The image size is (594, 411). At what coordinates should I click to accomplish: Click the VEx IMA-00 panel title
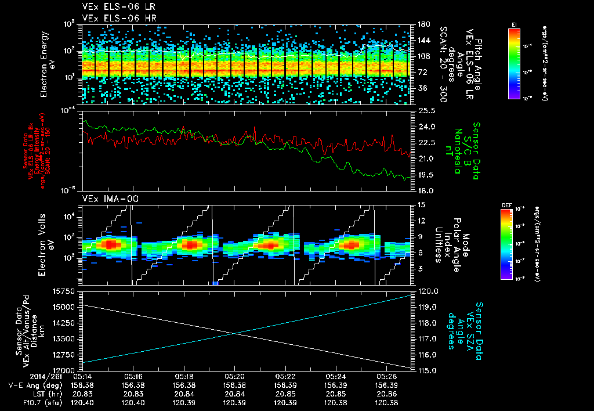(105, 199)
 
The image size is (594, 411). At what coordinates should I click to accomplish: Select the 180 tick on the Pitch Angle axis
(422, 24)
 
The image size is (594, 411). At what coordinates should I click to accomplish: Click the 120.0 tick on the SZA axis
(426, 291)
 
